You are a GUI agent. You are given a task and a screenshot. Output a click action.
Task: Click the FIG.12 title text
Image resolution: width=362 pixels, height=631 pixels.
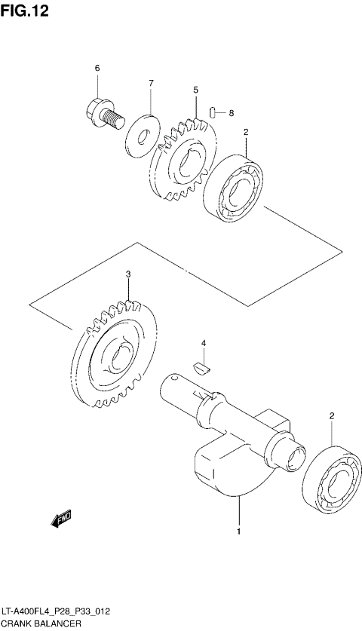click(25, 13)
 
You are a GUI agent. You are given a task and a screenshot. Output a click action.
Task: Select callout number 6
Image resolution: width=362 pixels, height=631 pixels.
click(97, 69)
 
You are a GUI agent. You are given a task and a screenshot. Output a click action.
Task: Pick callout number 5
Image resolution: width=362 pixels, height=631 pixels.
click(195, 90)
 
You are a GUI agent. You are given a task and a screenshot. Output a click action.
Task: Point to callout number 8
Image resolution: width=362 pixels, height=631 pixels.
click(232, 113)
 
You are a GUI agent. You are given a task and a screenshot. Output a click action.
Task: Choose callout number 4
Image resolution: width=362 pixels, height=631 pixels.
click(203, 344)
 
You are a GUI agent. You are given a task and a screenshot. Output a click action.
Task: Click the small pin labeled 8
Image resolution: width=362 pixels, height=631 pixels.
click(214, 113)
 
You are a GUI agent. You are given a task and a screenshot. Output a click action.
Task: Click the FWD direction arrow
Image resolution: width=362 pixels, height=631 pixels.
click(61, 519)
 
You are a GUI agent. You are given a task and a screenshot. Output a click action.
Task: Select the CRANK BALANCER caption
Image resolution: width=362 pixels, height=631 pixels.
click(41, 624)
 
